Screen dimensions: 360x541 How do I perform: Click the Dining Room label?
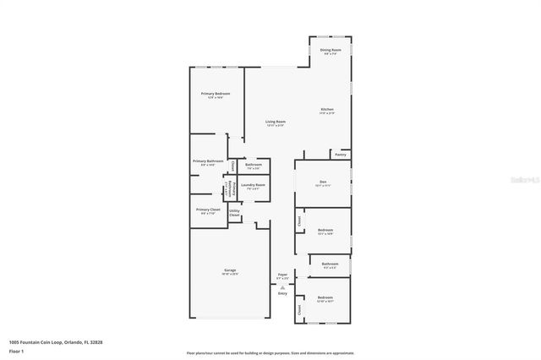tap(331, 51)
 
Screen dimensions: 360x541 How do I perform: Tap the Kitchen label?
tap(326, 109)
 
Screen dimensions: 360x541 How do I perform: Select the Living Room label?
tap(276, 122)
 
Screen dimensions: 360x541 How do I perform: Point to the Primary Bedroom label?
tap(215, 93)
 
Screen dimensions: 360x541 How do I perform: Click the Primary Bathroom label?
tap(208, 161)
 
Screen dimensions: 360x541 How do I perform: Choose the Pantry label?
tap(340, 155)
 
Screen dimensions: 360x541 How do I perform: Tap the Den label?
tap(323, 182)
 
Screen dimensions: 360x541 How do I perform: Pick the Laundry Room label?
tap(253, 185)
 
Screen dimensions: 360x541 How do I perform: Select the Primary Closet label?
tap(208, 210)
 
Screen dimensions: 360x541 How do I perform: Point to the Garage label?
tap(230, 270)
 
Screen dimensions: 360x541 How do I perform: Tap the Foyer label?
tap(283, 274)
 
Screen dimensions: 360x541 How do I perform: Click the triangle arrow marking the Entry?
tap(283, 286)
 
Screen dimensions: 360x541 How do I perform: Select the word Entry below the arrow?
tap(283, 293)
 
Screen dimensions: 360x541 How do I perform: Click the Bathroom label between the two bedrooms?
tap(330, 265)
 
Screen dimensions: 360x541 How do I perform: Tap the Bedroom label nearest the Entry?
tap(325, 297)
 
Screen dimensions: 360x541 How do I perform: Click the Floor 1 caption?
tap(16, 350)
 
